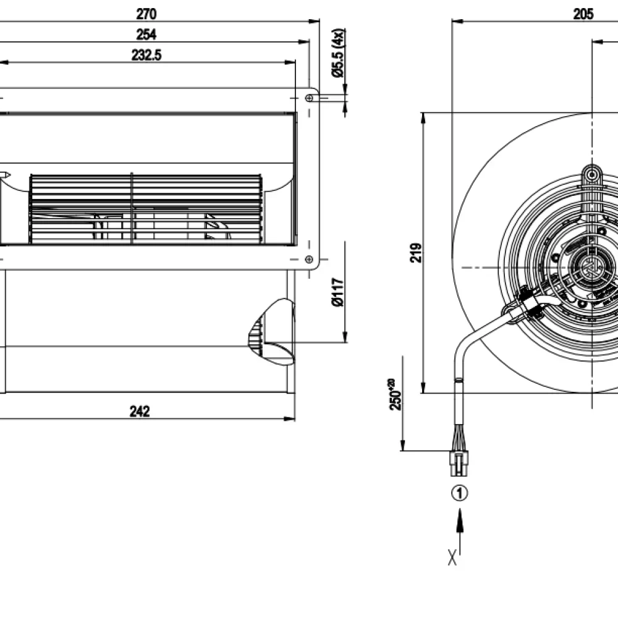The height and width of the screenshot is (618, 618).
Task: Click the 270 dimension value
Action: pyautogui.click(x=146, y=13)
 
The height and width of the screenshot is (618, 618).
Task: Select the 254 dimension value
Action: pyautogui.click(x=146, y=34)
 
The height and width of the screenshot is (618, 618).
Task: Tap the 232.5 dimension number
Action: pyautogui.click(x=146, y=55)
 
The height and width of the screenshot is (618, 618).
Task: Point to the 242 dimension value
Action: pyautogui.click(x=140, y=412)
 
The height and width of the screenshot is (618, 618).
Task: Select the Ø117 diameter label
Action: pyautogui.click(x=337, y=292)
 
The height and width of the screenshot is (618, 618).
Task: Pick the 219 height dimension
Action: pyautogui.click(x=417, y=252)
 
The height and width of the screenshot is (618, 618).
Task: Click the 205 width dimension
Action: pyautogui.click(x=583, y=14)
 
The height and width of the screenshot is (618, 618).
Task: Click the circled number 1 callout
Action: pyautogui.click(x=459, y=493)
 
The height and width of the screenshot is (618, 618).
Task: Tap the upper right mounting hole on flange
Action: pyautogui.click(x=310, y=98)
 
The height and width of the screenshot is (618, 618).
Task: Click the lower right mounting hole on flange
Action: pyautogui.click(x=309, y=260)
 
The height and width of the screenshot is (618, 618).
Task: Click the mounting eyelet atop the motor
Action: pyautogui.click(x=593, y=175)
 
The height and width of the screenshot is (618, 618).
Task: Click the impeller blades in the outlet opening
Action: pyautogui.click(x=145, y=208)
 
